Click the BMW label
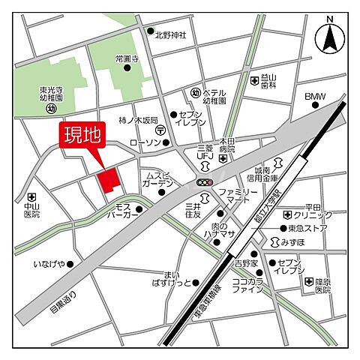[316, 97]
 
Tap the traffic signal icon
[205, 181]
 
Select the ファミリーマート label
[238, 197]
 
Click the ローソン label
[145, 142]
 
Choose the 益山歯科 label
[271, 81]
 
